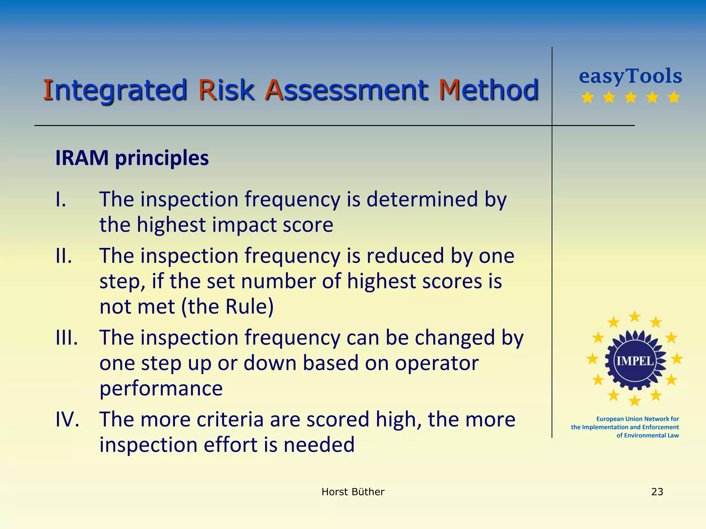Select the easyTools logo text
pos(631,76)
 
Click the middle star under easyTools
pos(631,97)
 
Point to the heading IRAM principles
pos(132,158)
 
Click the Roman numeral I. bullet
pos(61,199)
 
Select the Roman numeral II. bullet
pos(64,256)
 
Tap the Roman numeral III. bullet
pos(67,338)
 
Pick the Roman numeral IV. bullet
pos(68,419)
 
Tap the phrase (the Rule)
pos(228,307)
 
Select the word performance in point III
pos(161,388)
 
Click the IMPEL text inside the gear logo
pos(635,361)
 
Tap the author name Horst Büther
pos(353,492)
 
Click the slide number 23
pos(657,492)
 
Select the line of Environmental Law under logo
pos(647,435)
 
